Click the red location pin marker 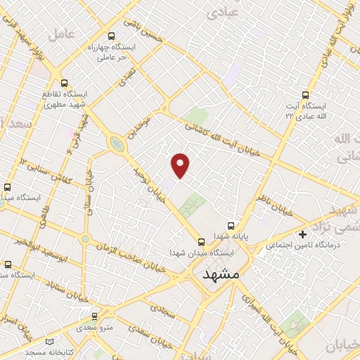pos(181,165)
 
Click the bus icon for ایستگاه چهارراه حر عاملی pos(110,36)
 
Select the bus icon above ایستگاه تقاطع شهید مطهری pos(64,82)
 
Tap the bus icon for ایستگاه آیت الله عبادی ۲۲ pos(304,94)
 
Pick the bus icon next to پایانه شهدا pos(231,226)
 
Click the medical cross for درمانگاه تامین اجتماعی pos(303,234)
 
